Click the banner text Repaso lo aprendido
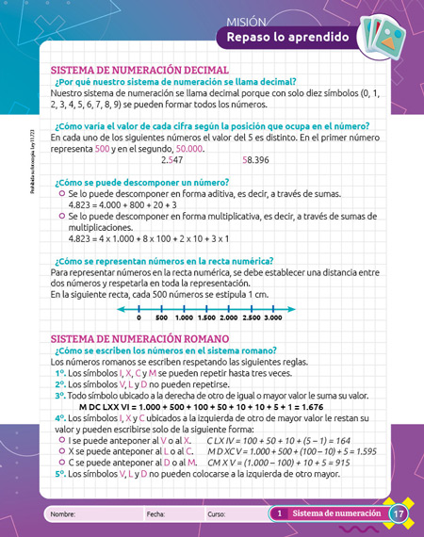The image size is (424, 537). (283, 38)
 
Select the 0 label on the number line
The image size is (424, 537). (139, 319)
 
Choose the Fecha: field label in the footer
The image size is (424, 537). (155, 514)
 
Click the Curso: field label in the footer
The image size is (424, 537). (217, 514)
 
